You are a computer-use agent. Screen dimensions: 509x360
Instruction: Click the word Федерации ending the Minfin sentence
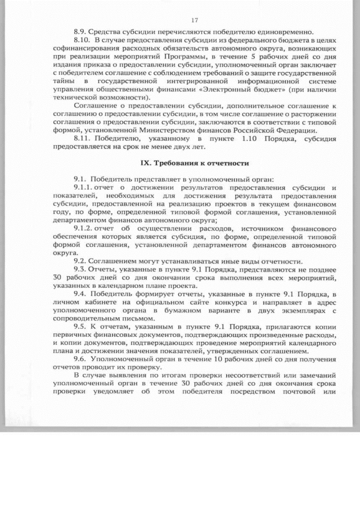[291, 129]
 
